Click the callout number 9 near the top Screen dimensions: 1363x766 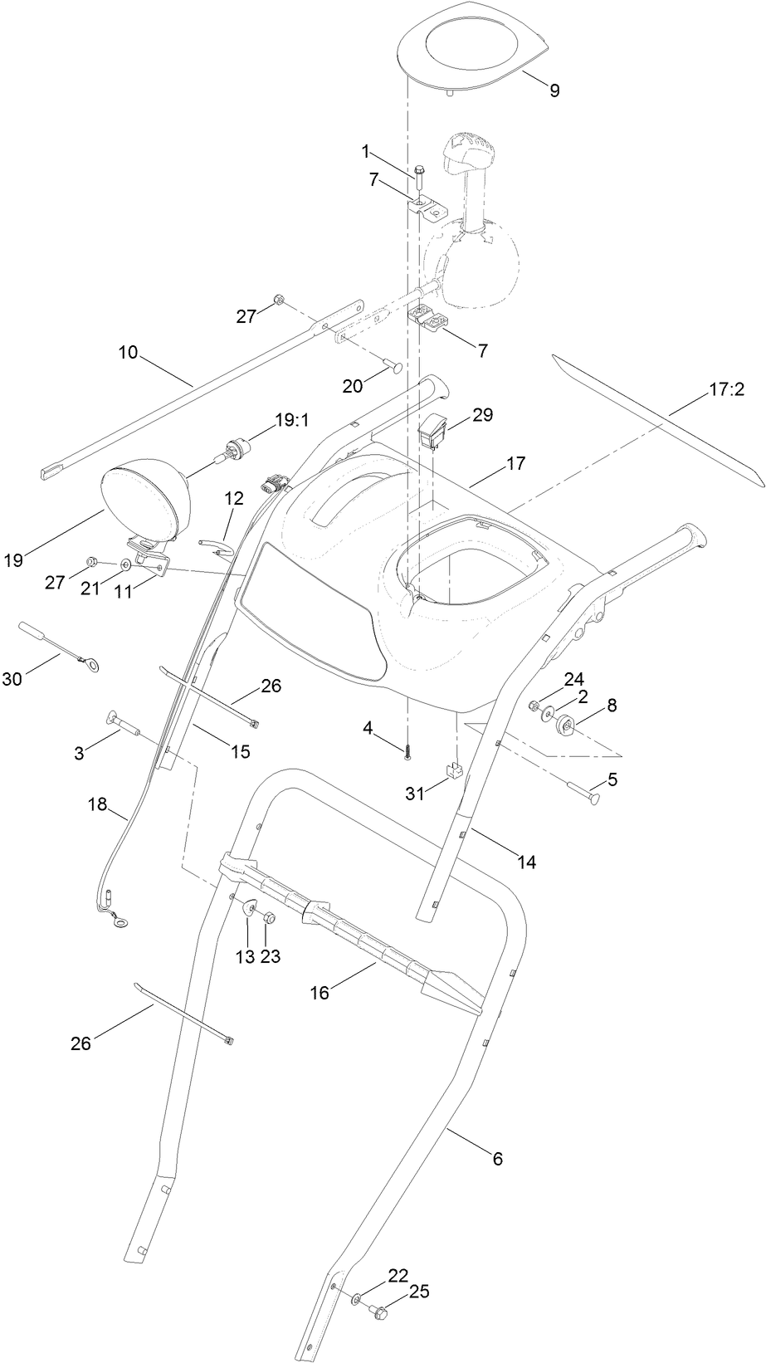pos(554,90)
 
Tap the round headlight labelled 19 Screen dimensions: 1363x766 pos(146,506)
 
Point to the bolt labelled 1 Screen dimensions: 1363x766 pos(419,176)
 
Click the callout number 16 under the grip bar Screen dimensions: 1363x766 pos(320,992)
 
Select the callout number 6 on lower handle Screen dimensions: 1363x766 pos(497,1159)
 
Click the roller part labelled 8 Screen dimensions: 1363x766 pos(568,725)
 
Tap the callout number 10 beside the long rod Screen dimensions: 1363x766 pos(128,352)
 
